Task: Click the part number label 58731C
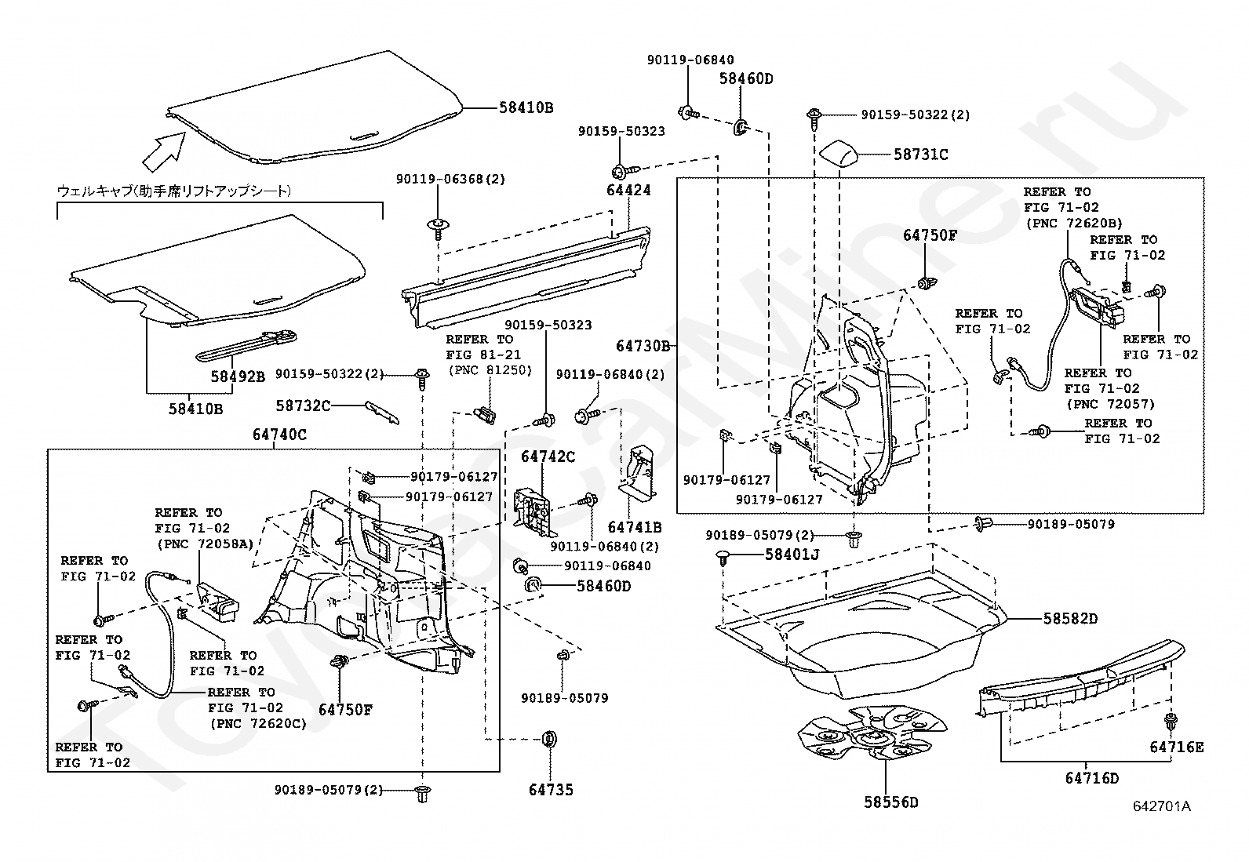coord(920,155)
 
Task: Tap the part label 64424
coord(628,191)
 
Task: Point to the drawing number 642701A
coord(1160,806)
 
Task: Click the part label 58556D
coord(890,802)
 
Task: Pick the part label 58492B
coord(237,376)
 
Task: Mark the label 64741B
coord(634,527)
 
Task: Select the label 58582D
coord(1070,619)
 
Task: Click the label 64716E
coord(1176,747)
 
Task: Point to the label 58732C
coord(303,405)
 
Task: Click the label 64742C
coord(548,456)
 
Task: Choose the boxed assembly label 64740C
coord(279,434)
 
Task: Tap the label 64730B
coord(642,345)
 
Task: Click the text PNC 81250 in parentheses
coord(489,370)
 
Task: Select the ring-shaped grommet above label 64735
coord(549,739)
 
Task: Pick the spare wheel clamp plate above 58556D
coord(867,735)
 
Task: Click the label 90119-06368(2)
coord(450,179)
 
